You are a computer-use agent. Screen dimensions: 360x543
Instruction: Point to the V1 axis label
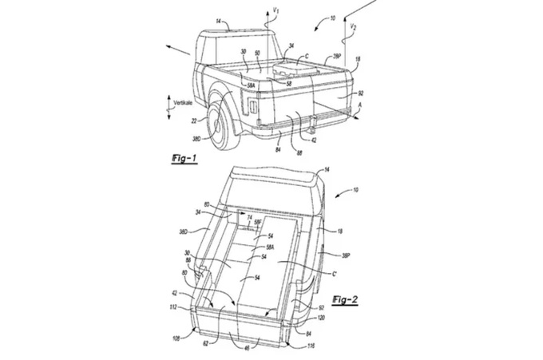pyautogui.click(x=276, y=11)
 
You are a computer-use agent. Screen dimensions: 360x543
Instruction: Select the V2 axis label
pyautogui.click(x=353, y=28)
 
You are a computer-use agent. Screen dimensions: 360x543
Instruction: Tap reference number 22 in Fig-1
pyautogui.click(x=192, y=121)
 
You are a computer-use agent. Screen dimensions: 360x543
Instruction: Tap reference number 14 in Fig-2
pyautogui.click(x=325, y=169)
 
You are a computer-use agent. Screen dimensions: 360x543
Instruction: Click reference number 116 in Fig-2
pyautogui.click(x=310, y=346)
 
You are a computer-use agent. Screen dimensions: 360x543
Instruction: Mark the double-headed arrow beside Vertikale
pyautogui.click(x=167, y=109)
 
